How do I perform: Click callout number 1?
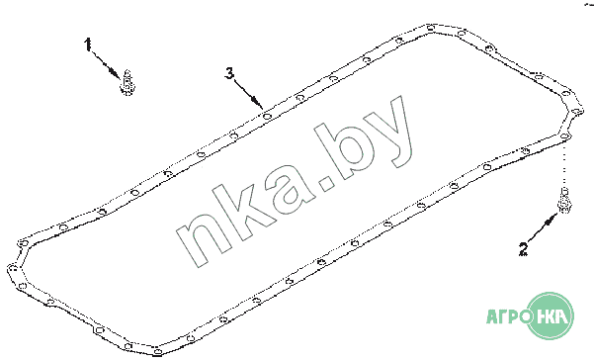[88, 44]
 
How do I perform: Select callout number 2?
[523, 249]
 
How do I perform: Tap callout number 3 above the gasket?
[229, 73]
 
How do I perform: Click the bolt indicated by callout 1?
[127, 83]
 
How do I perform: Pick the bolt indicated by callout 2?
[564, 200]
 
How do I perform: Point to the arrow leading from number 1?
[107, 64]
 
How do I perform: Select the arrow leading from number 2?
[542, 227]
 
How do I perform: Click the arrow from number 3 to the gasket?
[248, 94]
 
